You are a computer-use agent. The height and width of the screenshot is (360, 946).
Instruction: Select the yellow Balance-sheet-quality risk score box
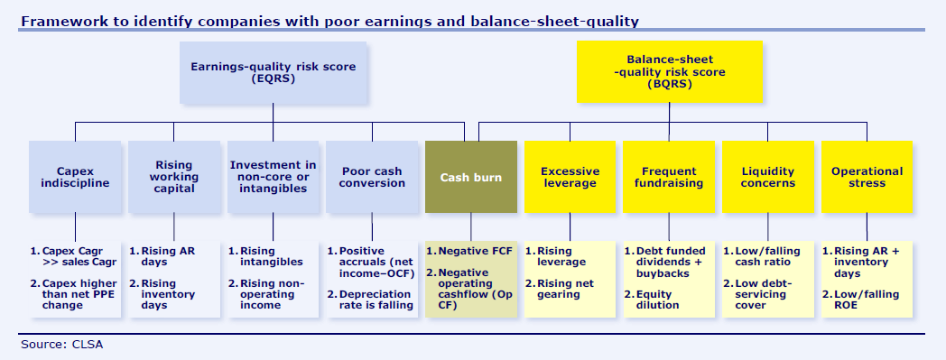[670, 72]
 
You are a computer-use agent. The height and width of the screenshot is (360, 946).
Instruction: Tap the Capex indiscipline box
[75, 177]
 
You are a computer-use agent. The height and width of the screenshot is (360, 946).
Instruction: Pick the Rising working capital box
[173, 177]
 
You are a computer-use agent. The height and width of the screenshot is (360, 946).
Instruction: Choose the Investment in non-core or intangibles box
[274, 177]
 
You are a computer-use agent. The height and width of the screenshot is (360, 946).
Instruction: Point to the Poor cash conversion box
[373, 177]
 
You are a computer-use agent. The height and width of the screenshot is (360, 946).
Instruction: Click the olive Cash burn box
[470, 178]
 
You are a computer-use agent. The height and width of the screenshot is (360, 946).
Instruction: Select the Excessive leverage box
[569, 177]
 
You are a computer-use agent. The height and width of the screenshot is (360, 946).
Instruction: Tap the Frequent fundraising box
[669, 177]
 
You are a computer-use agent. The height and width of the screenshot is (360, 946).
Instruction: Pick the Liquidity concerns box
[768, 177]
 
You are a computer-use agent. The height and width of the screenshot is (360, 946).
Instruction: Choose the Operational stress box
[867, 177]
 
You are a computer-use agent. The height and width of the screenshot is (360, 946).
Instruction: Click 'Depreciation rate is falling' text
[375, 300]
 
